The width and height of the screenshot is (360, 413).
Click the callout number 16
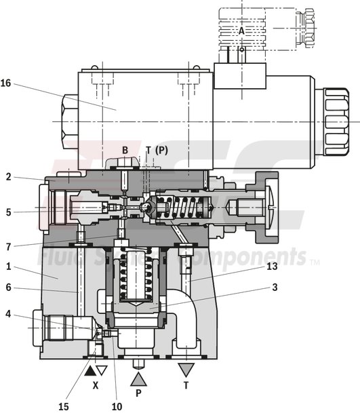[7, 83]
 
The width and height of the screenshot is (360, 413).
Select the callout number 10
[117, 406]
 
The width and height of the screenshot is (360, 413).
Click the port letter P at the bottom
[138, 392]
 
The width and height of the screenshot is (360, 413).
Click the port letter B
[125, 150]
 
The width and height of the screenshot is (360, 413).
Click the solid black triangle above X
[89, 370]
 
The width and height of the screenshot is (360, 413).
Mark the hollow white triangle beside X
[102, 370]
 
